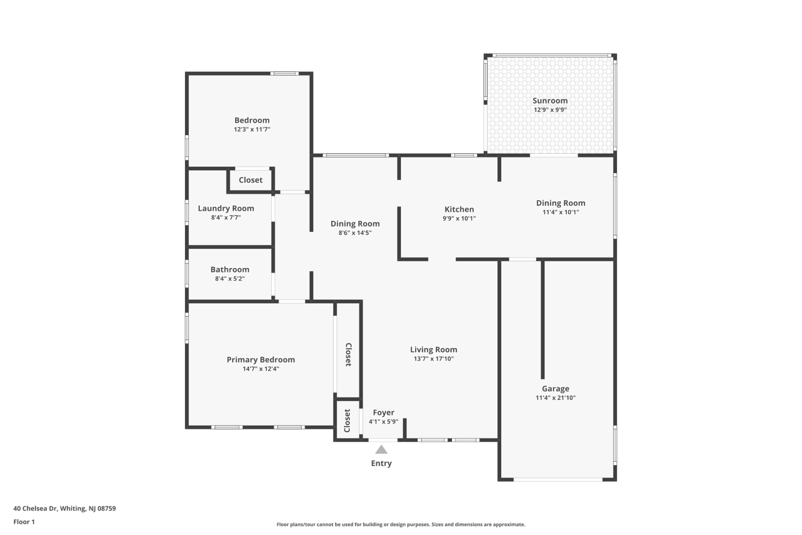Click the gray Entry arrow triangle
[381, 450]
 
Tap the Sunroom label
[550, 101]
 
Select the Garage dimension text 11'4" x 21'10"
[555, 398]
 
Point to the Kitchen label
[459, 209]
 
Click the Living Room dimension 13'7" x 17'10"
[433, 359]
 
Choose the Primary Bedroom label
[261, 360]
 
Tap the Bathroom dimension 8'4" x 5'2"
[230, 279]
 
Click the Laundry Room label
[226, 208]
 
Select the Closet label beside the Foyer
[347, 421]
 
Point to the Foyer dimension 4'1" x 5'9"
[383, 421]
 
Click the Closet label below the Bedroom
[251, 180]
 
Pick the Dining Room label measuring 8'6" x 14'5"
[355, 224]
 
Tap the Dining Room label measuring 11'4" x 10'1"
[561, 203]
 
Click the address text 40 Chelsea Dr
[35, 509]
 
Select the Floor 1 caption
[24, 522]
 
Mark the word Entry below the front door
[381, 463]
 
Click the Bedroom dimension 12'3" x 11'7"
[252, 129]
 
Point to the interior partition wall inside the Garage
[543, 319]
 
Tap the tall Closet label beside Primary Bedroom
[348, 355]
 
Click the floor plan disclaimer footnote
[401, 524]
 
